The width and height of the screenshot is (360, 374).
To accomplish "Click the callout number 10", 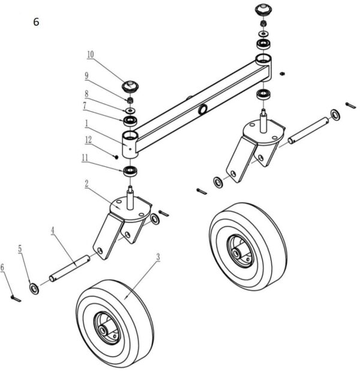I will pyautogui.click(x=90, y=54).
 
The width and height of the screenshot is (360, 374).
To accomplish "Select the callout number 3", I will pyautogui.click(x=158, y=257).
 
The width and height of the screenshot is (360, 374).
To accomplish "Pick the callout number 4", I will pyautogui.click(x=52, y=229).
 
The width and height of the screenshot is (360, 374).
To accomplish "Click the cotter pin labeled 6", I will pyautogui.click(x=16, y=297).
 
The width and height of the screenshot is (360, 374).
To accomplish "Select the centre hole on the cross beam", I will pyautogui.click(x=204, y=109).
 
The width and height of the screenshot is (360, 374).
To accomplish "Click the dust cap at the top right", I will pyautogui.click(x=262, y=10).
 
